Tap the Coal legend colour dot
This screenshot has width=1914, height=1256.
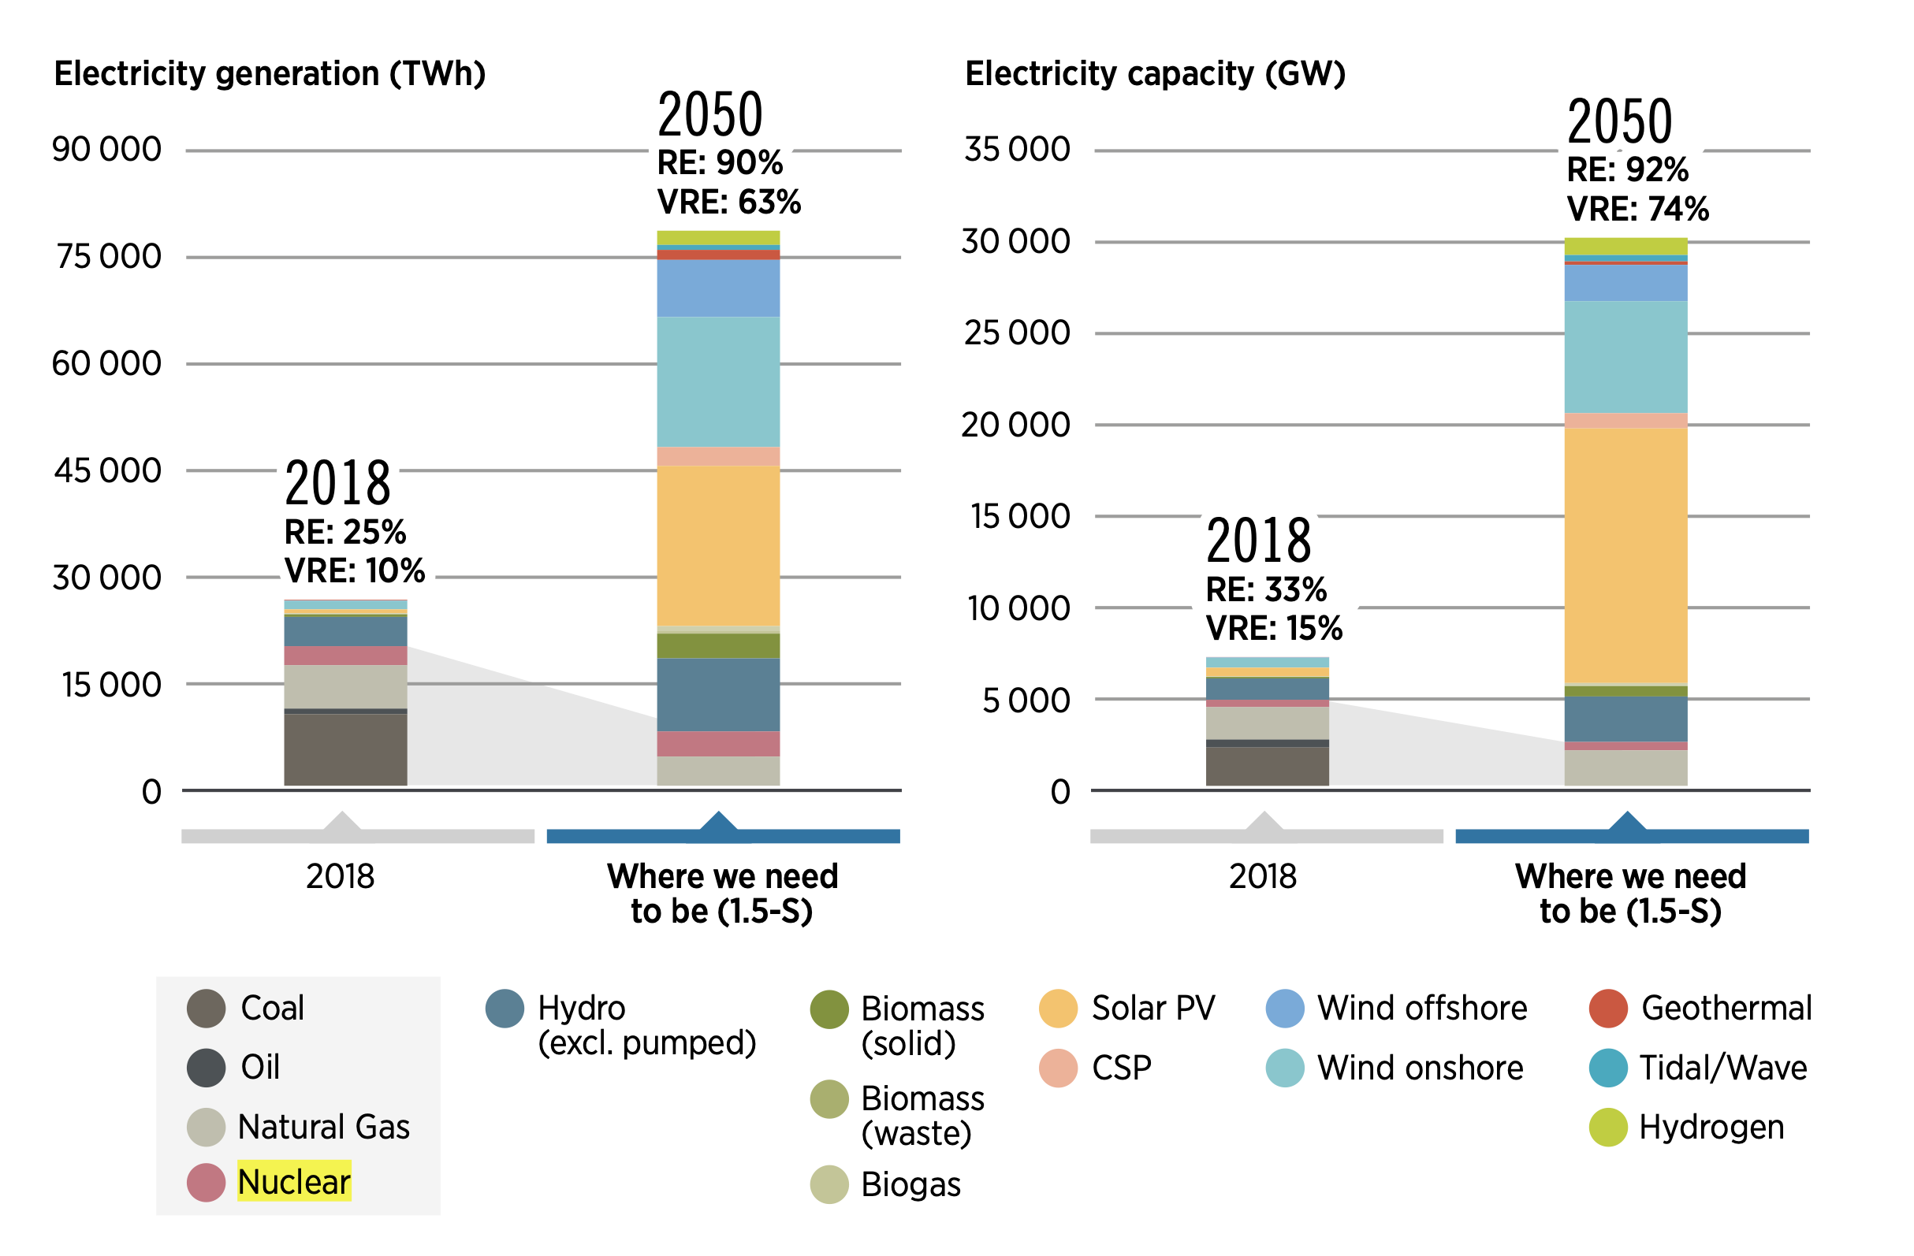(x=206, y=1009)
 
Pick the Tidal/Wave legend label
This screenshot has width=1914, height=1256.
(x=1722, y=1068)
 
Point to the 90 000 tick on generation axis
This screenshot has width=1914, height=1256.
(x=107, y=150)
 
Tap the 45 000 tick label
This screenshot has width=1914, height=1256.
(x=108, y=470)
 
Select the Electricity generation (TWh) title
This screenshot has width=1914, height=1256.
(x=270, y=74)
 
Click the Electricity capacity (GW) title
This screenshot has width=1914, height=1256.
(x=1155, y=74)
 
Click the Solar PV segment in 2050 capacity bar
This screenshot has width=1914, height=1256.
(x=1625, y=555)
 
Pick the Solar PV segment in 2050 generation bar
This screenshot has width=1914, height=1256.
(x=718, y=545)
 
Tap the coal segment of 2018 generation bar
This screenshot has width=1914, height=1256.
(x=346, y=749)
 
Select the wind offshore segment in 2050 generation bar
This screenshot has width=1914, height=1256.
(x=718, y=288)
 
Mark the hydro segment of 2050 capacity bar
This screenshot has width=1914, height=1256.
(x=1625, y=718)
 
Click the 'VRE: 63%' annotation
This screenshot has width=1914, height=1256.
(x=728, y=202)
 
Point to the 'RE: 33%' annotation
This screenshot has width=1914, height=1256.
(x=1266, y=589)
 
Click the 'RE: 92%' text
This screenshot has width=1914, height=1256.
(x=1627, y=169)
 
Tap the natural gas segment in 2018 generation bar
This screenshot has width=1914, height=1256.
(x=346, y=686)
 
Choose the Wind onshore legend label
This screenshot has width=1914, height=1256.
(x=1420, y=1068)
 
